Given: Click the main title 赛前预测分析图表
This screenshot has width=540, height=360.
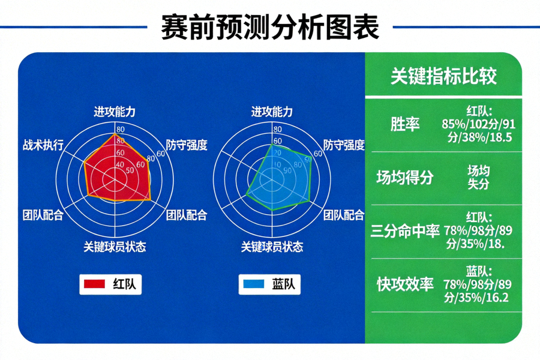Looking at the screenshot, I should (270, 27).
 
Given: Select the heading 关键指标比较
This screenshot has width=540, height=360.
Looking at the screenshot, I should (443, 76).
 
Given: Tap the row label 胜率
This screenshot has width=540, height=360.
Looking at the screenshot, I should (405, 124).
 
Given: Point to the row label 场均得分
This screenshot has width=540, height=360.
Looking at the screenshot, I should (405, 178).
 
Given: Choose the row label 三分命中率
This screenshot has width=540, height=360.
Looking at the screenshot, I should (405, 231).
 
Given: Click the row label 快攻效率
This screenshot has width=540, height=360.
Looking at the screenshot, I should (405, 284).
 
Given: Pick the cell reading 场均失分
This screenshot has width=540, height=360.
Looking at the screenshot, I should (478, 178).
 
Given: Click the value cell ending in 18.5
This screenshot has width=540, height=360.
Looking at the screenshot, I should (478, 124).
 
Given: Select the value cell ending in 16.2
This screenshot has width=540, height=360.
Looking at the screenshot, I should (478, 284).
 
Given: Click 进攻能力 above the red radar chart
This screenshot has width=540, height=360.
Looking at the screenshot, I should (115, 112).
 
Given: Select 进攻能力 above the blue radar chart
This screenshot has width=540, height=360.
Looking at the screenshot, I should (272, 112).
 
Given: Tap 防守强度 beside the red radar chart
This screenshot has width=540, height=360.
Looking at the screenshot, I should (187, 145).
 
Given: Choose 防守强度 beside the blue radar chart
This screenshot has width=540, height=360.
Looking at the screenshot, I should (344, 145).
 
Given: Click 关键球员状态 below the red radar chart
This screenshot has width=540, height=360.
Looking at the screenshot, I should (115, 247).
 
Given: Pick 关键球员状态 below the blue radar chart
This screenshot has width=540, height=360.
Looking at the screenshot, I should (272, 247).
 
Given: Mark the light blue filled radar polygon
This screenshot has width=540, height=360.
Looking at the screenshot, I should (282, 177).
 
